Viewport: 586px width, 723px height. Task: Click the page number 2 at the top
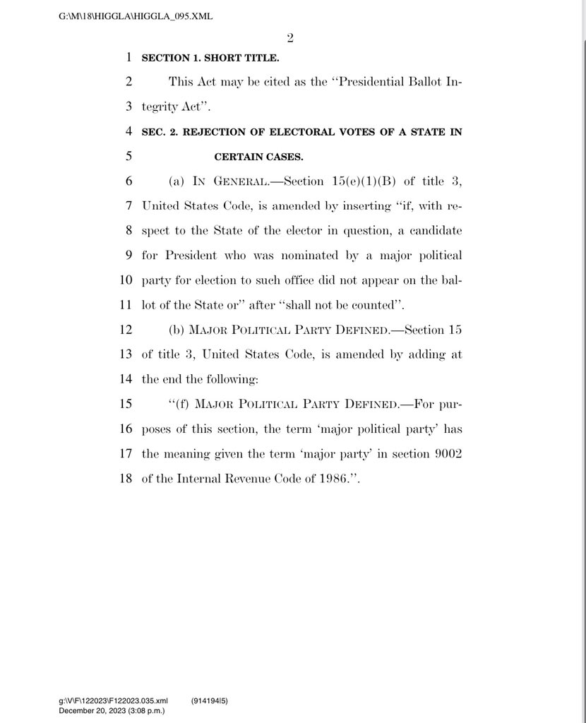tap(290, 38)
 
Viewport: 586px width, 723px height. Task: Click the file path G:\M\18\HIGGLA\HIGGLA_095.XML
tap(136, 16)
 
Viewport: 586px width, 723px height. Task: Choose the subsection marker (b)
tap(177, 330)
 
